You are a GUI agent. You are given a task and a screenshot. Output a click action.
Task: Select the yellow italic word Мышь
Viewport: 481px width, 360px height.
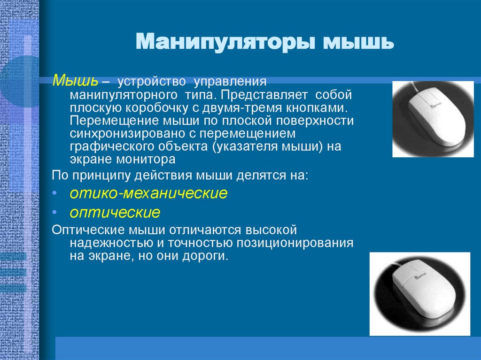point(75,80)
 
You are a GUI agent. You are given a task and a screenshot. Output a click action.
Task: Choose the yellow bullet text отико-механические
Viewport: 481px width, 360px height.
point(148,193)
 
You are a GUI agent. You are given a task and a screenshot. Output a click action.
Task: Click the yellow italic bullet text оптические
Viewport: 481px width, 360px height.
point(115,213)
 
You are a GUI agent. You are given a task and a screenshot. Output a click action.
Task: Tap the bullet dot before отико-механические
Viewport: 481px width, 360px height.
point(55,193)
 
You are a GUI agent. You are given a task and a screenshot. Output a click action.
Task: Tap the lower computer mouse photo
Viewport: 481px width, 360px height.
point(419,294)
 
